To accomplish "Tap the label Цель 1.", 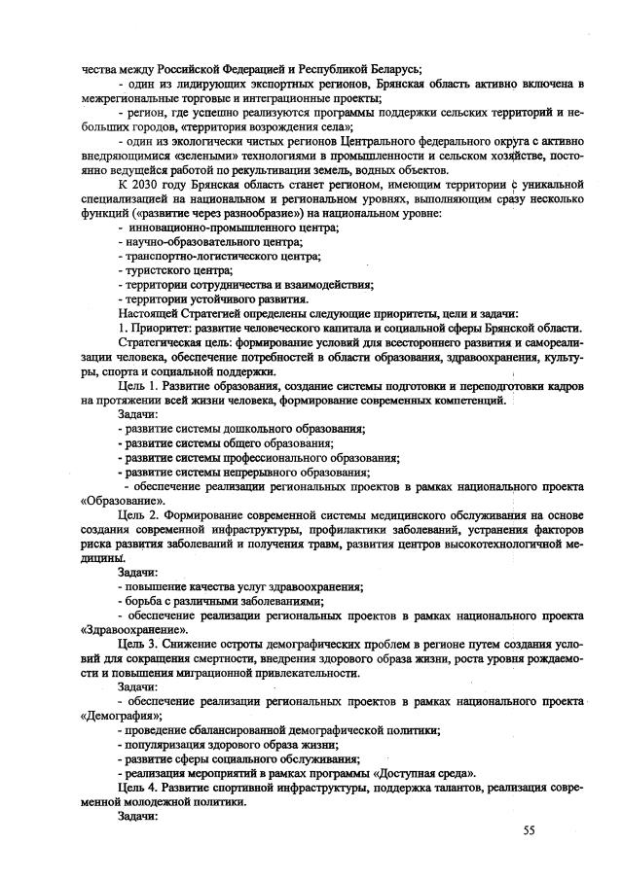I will click(135, 386).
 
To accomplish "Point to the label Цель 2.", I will click(135, 511).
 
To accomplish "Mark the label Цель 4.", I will click(135, 788).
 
